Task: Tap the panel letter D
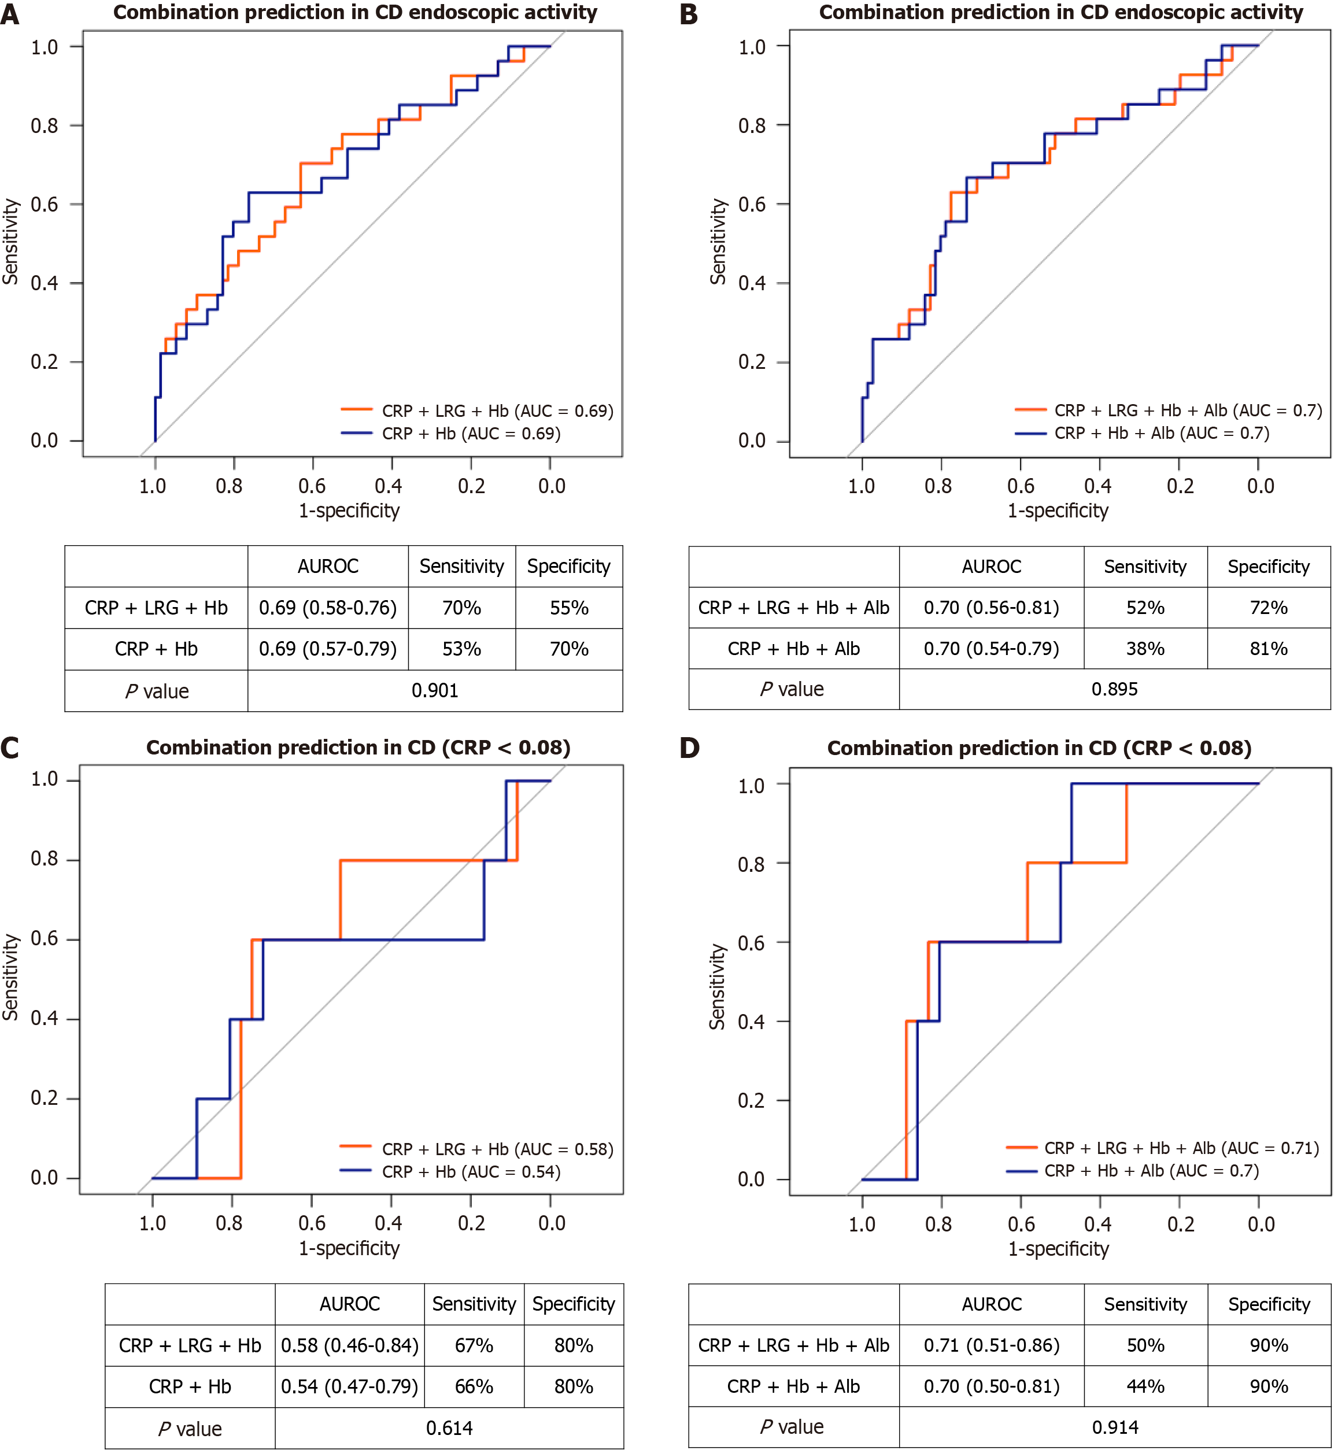click(689, 748)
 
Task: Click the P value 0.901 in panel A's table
click(434, 691)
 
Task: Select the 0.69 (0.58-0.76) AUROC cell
click(328, 608)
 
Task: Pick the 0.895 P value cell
click(1114, 689)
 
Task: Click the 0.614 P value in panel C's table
click(449, 1428)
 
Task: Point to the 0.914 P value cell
click(1115, 1427)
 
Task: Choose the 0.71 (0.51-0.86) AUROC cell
click(991, 1345)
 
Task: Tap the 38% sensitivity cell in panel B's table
click(1145, 649)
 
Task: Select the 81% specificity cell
click(1269, 649)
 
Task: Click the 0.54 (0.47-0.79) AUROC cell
click(350, 1386)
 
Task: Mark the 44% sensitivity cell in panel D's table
click(1145, 1386)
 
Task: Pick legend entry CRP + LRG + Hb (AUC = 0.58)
click(497, 1149)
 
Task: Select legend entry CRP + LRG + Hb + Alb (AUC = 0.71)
click(1181, 1148)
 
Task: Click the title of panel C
click(358, 748)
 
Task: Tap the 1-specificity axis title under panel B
click(1058, 511)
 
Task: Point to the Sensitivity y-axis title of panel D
click(717, 986)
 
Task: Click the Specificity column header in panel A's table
click(568, 566)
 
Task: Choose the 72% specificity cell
click(1269, 608)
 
